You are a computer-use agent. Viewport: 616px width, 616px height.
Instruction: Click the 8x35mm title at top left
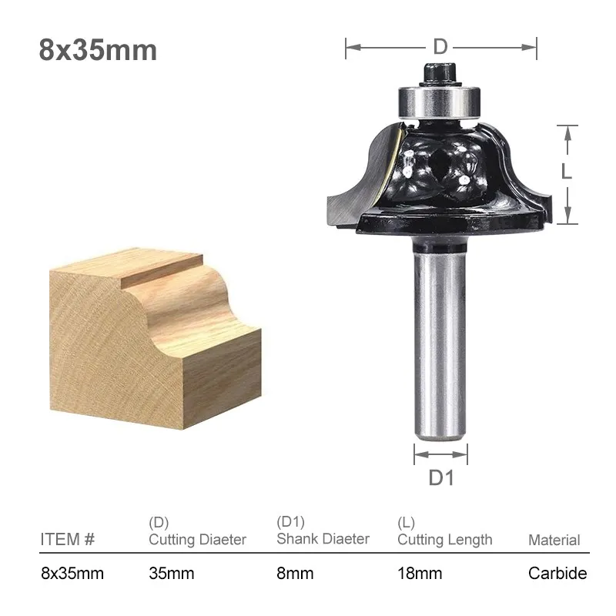[x=98, y=50]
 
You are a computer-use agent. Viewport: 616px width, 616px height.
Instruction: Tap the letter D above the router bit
[x=440, y=47]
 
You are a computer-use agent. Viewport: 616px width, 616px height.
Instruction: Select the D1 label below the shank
[x=440, y=477]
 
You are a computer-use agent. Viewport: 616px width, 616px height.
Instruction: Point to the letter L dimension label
[x=567, y=171]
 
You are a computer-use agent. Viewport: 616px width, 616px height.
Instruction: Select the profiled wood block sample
[x=156, y=338]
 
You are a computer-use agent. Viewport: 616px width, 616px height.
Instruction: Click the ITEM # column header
[x=68, y=539]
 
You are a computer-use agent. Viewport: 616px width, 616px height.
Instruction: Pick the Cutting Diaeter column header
[x=198, y=540]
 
